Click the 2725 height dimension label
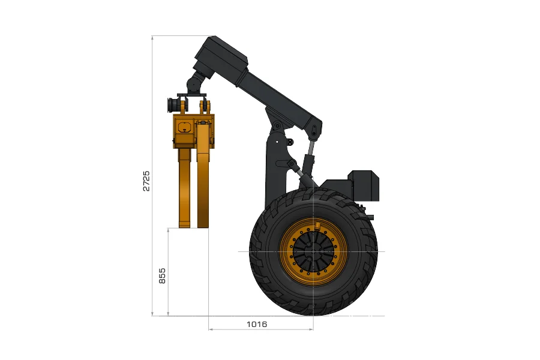pyautogui.click(x=146, y=181)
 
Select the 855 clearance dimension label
pyautogui.click(x=162, y=275)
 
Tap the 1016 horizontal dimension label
pyautogui.click(x=257, y=324)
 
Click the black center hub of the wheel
pyautogui.click(x=313, y=251)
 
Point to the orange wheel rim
pyautogui.click(x=286, y=251)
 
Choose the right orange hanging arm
pyautogui.click(x=203, y=176)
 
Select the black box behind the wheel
pyautogui.click(x=364, y=185)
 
